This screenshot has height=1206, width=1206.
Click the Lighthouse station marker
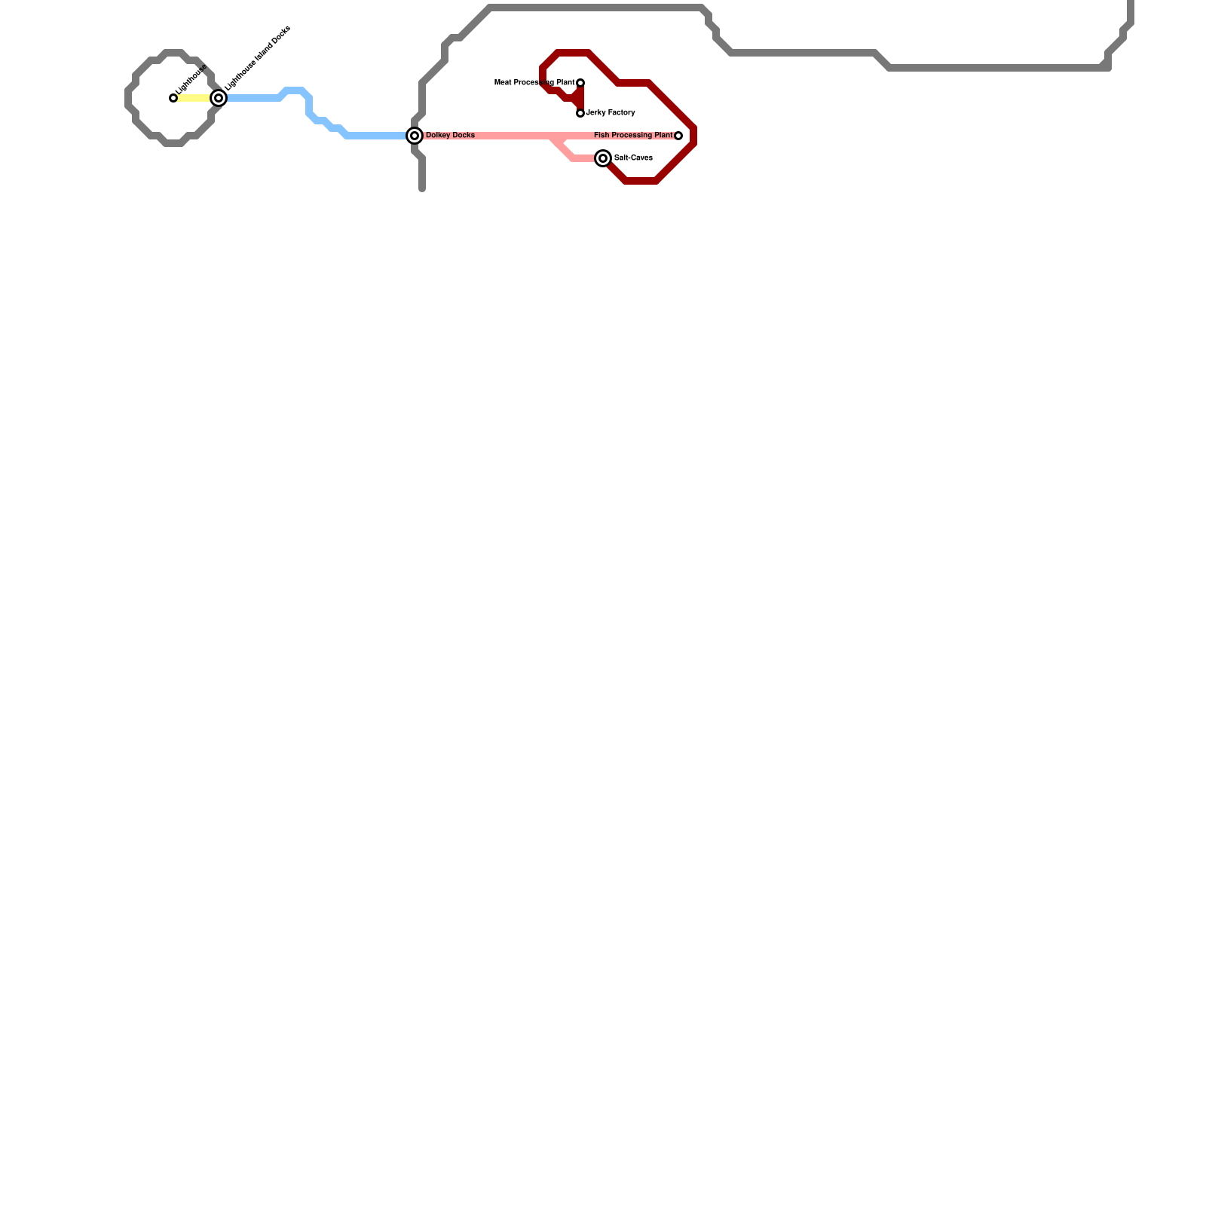tap(173, 98)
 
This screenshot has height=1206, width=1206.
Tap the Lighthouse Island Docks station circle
tap(219, 98)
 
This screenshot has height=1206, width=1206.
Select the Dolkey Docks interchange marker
tap(415, 136)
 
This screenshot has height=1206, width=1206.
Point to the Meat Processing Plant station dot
tap(580, 83)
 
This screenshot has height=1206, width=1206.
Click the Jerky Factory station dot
tap(580, 113)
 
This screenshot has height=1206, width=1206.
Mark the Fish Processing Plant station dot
tap(678, 136)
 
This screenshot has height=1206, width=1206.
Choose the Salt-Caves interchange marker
tap(603, 158)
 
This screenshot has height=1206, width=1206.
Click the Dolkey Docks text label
tap(450, 136)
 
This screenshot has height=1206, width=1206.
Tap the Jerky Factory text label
tap(611, 113)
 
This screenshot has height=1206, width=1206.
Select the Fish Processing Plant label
tap(633, 136)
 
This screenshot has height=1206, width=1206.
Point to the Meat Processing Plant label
tap(534, 83)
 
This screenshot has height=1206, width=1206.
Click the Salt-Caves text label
tap(633, 158)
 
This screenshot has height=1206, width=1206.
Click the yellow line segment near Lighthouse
tap(194, 98)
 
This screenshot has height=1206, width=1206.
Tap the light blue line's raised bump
tap(294, 90)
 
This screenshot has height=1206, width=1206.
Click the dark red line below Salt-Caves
tap(641, 181)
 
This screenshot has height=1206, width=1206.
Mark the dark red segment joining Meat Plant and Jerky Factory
tap(580, 98)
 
